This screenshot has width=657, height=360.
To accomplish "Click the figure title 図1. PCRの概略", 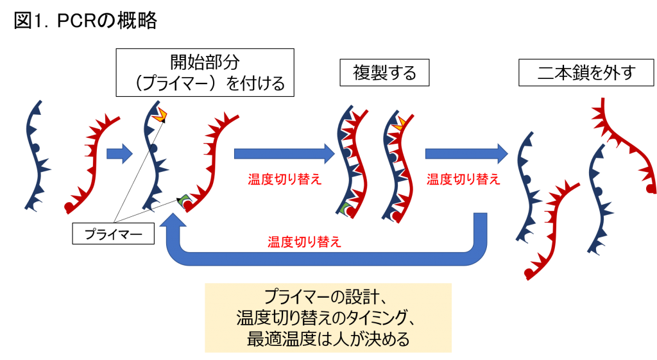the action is pos(85,21).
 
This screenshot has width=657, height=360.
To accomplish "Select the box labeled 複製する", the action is pos(384,73).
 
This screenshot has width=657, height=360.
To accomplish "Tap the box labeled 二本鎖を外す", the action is pos(586,73).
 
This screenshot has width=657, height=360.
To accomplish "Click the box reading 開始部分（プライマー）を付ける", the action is pos(205,73).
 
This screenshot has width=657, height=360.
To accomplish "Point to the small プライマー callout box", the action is pos(113,234).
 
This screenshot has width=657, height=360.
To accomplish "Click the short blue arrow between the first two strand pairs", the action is pos(119,154).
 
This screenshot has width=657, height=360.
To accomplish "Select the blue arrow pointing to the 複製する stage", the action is pos(284,154).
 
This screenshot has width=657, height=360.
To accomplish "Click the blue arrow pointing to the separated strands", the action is pos(466,154).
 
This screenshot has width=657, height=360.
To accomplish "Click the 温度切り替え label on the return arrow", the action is pos(305,242).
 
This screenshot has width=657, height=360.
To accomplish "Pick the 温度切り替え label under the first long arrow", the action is pos(284,180).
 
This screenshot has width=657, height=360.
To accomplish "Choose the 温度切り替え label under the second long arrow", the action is pos(463,180).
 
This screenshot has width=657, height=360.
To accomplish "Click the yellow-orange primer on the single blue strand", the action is pos(160,115).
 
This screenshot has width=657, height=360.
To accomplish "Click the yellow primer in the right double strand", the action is pos(398,123).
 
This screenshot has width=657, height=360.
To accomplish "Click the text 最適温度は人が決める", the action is pos(328,339).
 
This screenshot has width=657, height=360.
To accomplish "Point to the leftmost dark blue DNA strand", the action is pos(38,156).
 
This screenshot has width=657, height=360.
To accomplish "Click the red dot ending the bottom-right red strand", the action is pos(529,274).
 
